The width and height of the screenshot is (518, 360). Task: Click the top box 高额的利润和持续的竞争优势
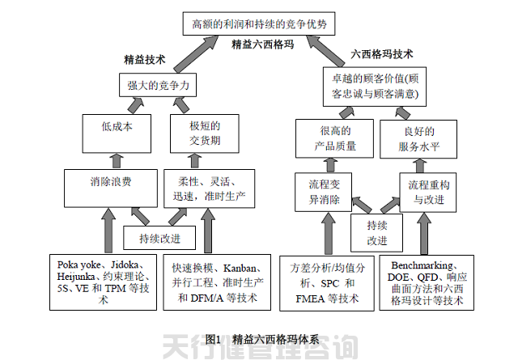(258, 24)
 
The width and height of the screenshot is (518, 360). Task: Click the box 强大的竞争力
(159, 84)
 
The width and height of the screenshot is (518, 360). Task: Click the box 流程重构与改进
(428, 191)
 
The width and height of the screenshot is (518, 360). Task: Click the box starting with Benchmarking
(427, 282)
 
